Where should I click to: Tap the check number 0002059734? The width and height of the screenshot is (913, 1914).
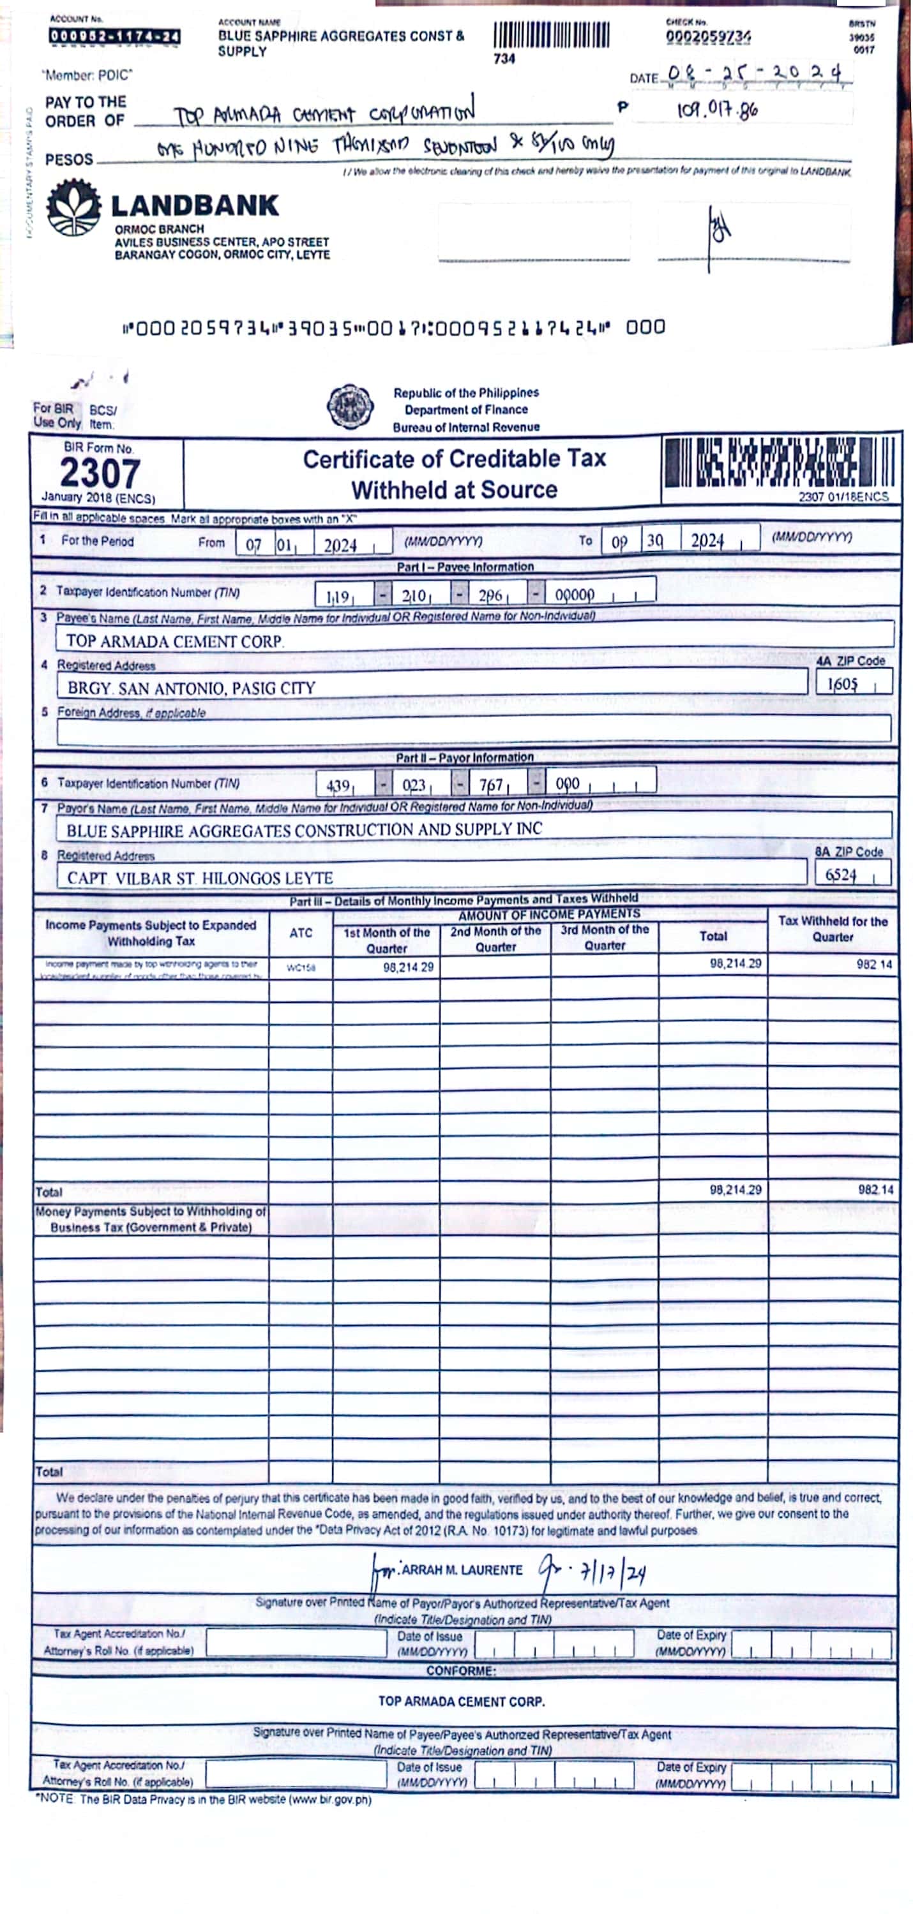pyautogui.click(x=708, y=36)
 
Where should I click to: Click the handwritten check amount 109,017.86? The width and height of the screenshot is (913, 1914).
pyautogui.click(x=718, y=110)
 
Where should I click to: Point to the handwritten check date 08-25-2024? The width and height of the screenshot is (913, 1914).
pyautogui.click(x=755, y=73)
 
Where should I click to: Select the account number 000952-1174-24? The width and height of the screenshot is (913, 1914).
pyautogui.click(x=114, y=36)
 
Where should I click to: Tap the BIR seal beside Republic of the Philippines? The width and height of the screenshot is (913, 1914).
pyautogui.click(x=350, y=406)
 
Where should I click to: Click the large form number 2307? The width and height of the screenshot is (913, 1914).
pyautogui.click(x=100, y=473)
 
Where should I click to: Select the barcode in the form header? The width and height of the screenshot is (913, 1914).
pyautogui.click(x=779, y=462)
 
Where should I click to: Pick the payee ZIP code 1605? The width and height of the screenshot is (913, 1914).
pyautogui.click(x=842, y=683)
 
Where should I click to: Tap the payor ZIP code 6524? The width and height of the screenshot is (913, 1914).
pyautogui.click(x=841, y=875)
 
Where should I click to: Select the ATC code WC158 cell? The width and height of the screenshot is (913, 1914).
pyautogui.click(x=300, y=967)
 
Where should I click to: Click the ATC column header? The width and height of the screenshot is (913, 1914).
pyautogui.click(x=300, y=933)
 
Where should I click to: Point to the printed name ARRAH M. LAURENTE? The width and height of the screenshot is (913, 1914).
pyautogui.click(x=461, y=1569)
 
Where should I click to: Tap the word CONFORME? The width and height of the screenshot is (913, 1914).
pyautogui.click(x=461, y=1670)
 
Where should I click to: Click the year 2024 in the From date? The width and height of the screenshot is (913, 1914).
pyautogui.click(x=340, y=545)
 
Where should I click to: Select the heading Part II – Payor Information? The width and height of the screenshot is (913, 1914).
pyautogui.click(x=465, y=757)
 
